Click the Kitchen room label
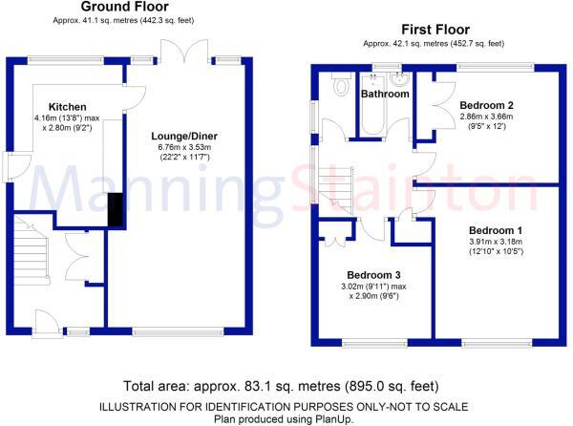point(69,106)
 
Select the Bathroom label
point(385,94)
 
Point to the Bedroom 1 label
point(494,229)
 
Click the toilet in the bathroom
point(342,87)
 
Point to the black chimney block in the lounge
point(116,210)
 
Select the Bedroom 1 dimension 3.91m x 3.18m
point(494,243)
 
